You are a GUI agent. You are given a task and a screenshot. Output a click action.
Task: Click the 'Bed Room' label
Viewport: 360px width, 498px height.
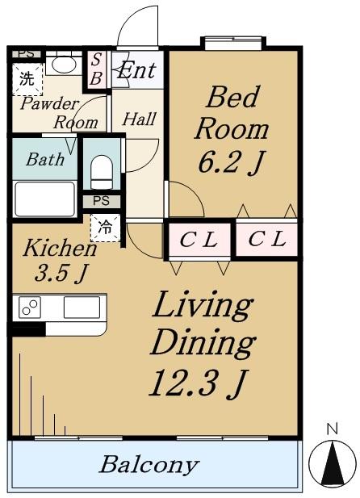pyautogui.click(x=232, y=113)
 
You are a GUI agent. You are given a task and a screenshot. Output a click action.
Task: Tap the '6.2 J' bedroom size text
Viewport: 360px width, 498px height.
pyautogui.click(x=232, y=162)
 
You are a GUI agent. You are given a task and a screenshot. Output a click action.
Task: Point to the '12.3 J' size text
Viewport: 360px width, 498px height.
pyautogui.click(x=198, y=383)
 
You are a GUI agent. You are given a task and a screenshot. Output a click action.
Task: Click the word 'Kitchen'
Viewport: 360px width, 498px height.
pyautogui.click(x=60, y=248)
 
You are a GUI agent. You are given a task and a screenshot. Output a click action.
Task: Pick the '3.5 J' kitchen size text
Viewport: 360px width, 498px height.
pyautogui.click(x=61, y=273)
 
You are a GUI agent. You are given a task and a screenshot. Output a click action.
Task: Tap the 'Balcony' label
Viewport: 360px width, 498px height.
pyautogui.click(x=149, y=465)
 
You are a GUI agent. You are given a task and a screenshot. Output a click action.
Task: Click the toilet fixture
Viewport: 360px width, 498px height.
pyautogui.click(x=102, y=172)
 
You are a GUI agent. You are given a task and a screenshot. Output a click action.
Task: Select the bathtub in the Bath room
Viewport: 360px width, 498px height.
pyautogui.click(x=44, y=199)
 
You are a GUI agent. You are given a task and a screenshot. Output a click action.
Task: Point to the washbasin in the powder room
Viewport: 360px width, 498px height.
pyautogui.click(x=64, y=65)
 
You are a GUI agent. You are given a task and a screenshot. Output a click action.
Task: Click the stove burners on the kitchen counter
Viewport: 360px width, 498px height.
pyautogui.click(x=30, y=308)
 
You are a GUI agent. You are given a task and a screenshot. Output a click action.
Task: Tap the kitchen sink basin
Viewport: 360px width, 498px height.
pyautogui.click(x=82, y=308)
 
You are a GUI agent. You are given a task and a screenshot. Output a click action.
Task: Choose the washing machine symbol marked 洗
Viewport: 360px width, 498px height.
pyautogui.click(x=27, y=79)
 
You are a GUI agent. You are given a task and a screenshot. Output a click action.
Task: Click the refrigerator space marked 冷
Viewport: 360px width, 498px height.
pyautogui.click(x=105, y=228)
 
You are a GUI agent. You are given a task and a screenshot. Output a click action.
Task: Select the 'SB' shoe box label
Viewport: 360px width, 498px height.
pyautogui.click(x=96, y=69)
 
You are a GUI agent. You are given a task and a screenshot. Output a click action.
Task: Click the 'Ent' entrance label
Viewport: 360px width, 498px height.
pyautogui.click(x=136, y=70)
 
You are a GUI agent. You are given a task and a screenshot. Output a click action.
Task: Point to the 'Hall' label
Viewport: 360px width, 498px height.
pyautogui.click(x=140, y=119)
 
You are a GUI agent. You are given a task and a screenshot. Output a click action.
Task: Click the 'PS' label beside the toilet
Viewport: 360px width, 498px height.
pyautogui.click(x=102, y=201)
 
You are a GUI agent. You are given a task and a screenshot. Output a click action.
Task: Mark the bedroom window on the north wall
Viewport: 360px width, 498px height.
pyautogui.click(x=233, y=44)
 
